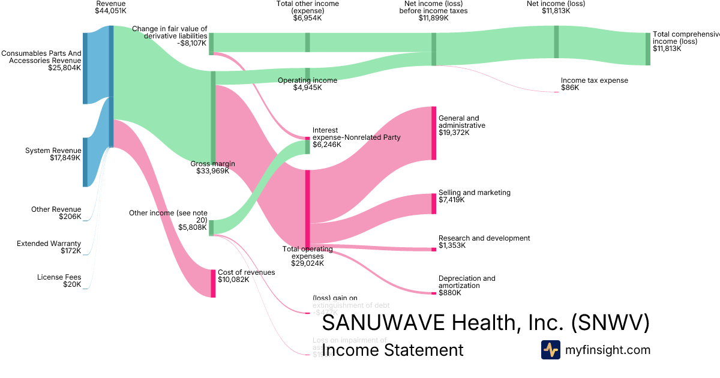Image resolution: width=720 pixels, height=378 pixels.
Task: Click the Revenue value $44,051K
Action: [110, 11]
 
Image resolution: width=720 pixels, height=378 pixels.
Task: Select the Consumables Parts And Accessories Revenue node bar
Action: [85, 68]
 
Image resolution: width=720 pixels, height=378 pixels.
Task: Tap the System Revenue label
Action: [53, 151]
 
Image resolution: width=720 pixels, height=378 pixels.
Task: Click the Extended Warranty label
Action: [49, 244]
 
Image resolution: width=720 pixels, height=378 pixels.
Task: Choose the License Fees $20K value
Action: [71, 284]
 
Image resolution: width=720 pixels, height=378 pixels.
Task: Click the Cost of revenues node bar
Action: [213, 283]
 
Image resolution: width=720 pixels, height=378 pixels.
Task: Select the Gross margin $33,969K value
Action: [212, 171]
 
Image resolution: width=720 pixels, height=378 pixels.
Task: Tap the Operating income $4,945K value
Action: [307, 88]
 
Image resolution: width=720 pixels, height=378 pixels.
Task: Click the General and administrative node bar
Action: [433, 133]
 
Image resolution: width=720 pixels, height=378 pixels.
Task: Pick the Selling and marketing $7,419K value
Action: [451, 200]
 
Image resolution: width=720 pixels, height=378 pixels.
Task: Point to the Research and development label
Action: [484, 238]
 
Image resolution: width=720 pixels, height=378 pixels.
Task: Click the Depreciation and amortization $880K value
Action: [449, 293]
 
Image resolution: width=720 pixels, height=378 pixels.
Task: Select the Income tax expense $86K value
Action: [570, 88]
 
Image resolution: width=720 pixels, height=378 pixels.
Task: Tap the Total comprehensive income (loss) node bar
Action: [647, 49]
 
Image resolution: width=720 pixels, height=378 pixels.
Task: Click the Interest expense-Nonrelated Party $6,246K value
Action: [326, 145]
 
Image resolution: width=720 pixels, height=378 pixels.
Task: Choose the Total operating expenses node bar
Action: [308, 208]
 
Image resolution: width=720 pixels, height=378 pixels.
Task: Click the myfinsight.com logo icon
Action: [550, 350]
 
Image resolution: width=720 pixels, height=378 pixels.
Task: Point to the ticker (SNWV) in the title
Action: [610, 323]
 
